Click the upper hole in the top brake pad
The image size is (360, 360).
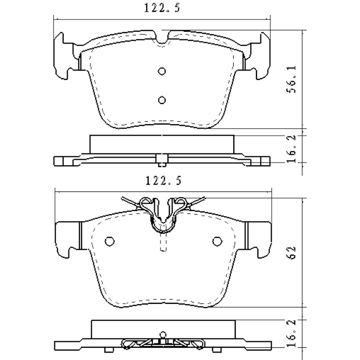[x=162, y=71]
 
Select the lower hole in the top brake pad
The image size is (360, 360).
[x=162, y=100]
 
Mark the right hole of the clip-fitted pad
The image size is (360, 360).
[x=216, y=240]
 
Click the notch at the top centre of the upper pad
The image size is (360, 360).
[x=163, y=40]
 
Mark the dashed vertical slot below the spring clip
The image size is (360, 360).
[x=163, y=243]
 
